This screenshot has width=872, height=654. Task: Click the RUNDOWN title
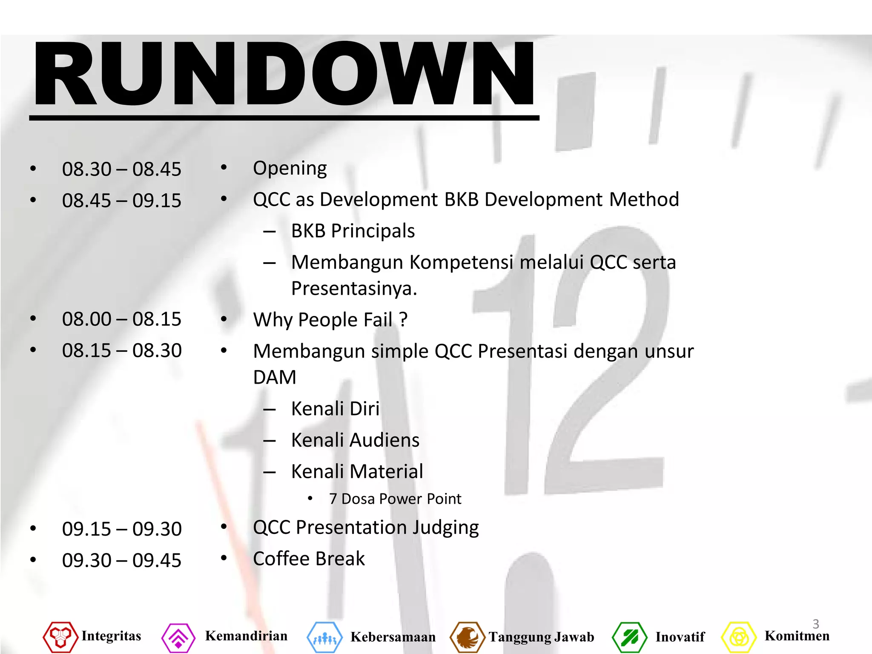284,73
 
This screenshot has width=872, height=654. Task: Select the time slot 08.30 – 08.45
121,169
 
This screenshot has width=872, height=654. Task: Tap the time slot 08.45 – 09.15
121,201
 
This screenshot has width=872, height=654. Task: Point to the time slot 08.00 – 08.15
121,319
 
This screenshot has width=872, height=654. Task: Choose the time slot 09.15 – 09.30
121,529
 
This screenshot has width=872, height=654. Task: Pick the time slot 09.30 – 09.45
121,560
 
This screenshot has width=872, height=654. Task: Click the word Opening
290,169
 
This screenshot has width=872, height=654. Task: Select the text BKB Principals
353,231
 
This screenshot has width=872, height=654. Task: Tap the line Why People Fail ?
330,320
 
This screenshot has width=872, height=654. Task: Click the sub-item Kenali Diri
335,409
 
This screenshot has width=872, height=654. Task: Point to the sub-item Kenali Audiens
355,440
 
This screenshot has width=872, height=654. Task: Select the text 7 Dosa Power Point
395,499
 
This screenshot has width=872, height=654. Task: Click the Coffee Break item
309,559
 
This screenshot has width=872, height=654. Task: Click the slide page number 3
816,624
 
